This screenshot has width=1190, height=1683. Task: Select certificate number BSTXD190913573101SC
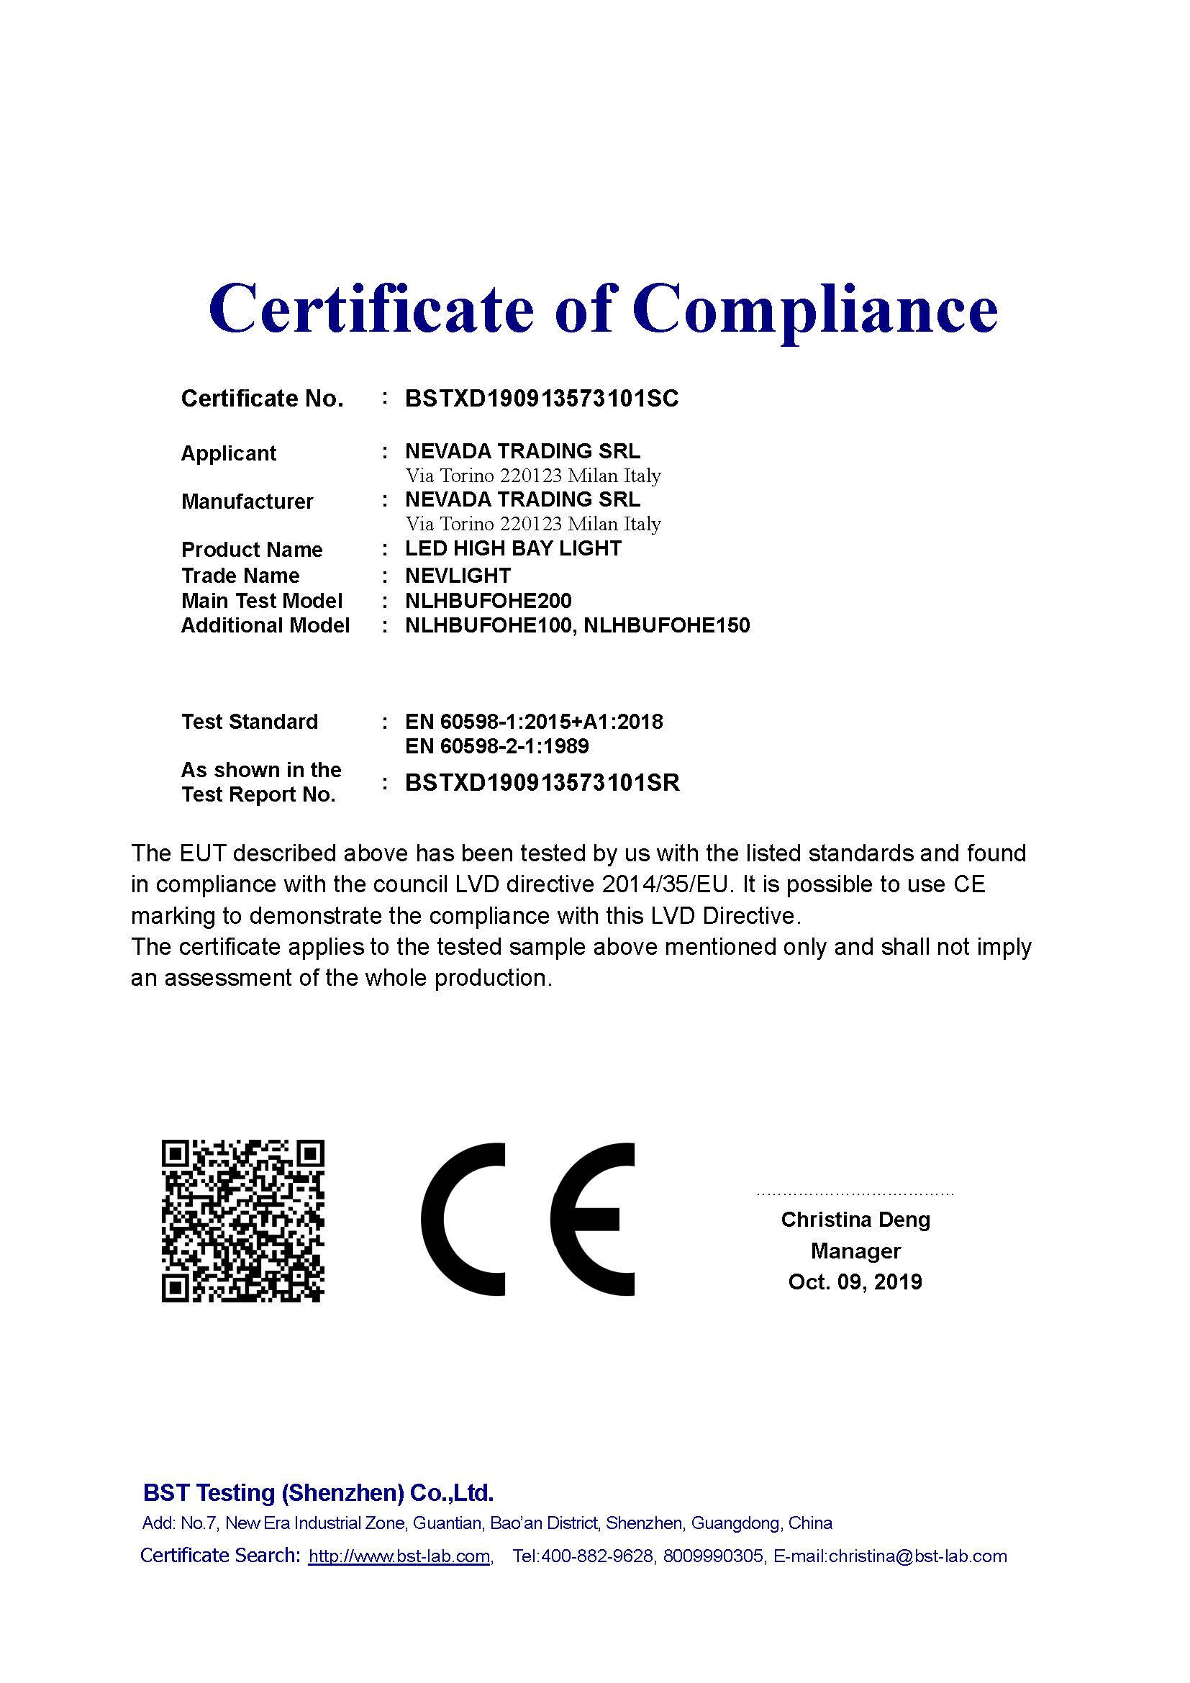point(542,399)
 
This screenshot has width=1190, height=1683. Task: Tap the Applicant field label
point(229,453)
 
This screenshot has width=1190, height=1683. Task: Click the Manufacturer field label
point(247,502)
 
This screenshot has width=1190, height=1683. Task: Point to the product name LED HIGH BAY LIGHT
point(513,548)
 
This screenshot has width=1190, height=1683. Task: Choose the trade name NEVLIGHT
point(458,576)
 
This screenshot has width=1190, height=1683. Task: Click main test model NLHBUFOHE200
point(488,601)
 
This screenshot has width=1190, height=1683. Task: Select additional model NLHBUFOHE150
point(667,625)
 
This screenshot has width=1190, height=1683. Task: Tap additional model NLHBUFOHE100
point(488,625)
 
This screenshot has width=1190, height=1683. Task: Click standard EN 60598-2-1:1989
point(497,746)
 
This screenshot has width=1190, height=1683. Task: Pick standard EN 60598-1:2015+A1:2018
point(533,722)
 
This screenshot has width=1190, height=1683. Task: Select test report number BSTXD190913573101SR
point(542,783)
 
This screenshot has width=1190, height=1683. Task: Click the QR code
point(242,1221)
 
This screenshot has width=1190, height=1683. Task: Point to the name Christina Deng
point(855,1219)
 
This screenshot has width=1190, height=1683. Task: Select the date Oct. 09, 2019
point(855,1281)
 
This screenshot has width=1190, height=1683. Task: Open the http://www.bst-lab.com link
point(399,1556)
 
